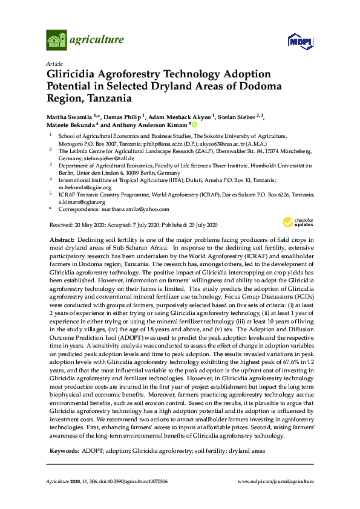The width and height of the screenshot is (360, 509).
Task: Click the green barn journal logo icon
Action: (x=56, y=41)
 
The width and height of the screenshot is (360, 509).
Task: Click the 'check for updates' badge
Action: (x=300, y=222)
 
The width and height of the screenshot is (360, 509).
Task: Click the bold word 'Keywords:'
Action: (x=63, y=451)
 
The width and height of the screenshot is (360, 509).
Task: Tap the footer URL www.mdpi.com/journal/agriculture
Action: (x=276, y=481)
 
